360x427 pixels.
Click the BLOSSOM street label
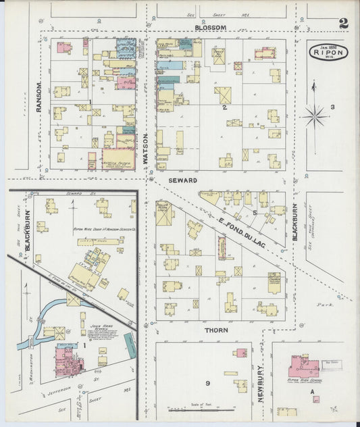pos(210,28)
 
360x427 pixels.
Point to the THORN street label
pos(217,330)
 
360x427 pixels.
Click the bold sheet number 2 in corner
pos(344,24)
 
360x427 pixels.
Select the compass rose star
pos(314,116)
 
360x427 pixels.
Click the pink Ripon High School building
pos(303,367)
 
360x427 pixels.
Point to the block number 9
pos(208,384)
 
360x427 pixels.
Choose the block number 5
pos(254,212)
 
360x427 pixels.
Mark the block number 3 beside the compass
pos(332,107)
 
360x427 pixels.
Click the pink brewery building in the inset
pos(69,359)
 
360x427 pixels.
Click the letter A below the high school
pos(312,391)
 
